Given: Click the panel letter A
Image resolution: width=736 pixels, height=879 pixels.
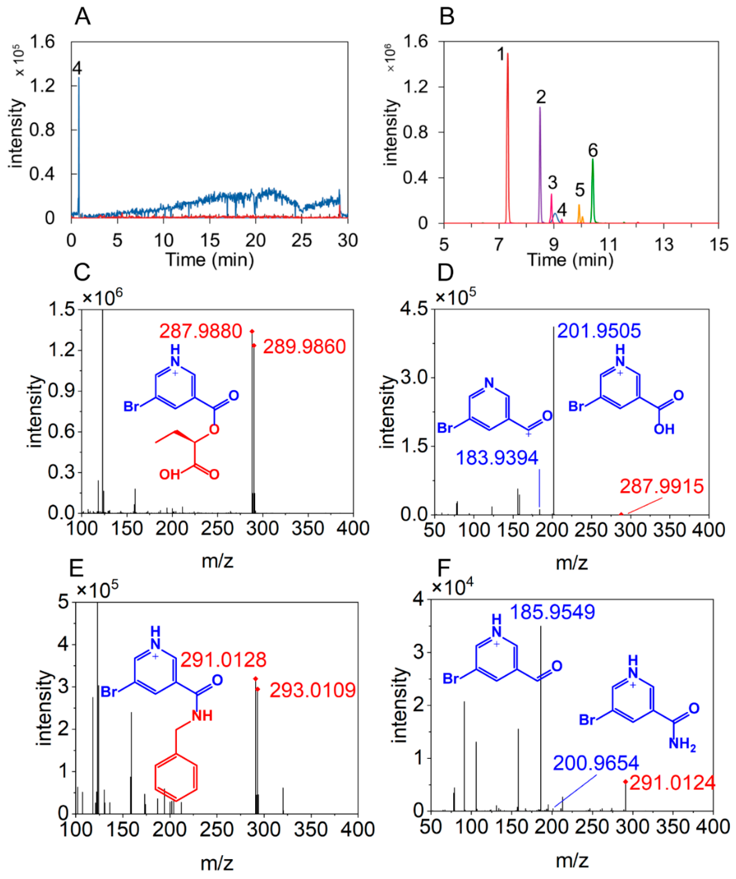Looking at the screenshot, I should [x=83, y=18].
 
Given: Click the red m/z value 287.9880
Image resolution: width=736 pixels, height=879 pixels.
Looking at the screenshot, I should [x=201, y=331].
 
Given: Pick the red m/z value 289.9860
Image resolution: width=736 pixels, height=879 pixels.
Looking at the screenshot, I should [x=304, y=347].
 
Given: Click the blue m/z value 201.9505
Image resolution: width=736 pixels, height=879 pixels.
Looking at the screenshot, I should [x=599, y=331].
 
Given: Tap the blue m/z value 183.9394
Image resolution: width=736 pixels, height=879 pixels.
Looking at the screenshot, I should [x=497, y=458].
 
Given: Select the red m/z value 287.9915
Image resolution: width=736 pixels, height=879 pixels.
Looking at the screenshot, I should [x=662, y=486].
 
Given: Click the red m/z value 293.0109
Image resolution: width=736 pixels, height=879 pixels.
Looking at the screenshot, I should [x=312, y=690].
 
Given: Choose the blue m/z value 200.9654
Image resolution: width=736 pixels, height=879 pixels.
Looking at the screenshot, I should [x=596, y=762].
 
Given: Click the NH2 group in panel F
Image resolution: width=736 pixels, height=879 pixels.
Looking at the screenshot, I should [x=682, y=744].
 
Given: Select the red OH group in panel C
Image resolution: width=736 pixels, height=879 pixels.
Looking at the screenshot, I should [x=170, y=475].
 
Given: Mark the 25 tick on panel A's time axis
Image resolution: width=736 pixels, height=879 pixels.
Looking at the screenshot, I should [x=301, y=241].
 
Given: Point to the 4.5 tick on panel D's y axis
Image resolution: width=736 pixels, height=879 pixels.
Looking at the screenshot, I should [x=414, y=309].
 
